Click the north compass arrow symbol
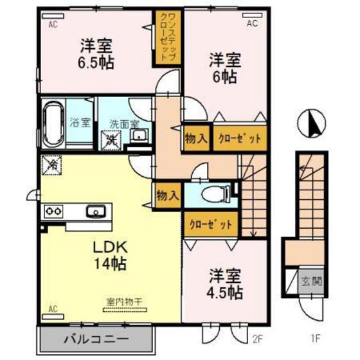[x=314, y=122]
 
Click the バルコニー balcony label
[x=96, y=339]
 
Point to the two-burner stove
[x=53, y=210]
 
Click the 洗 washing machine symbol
[x=112, y=138]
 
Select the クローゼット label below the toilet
[x=210, y=224]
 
